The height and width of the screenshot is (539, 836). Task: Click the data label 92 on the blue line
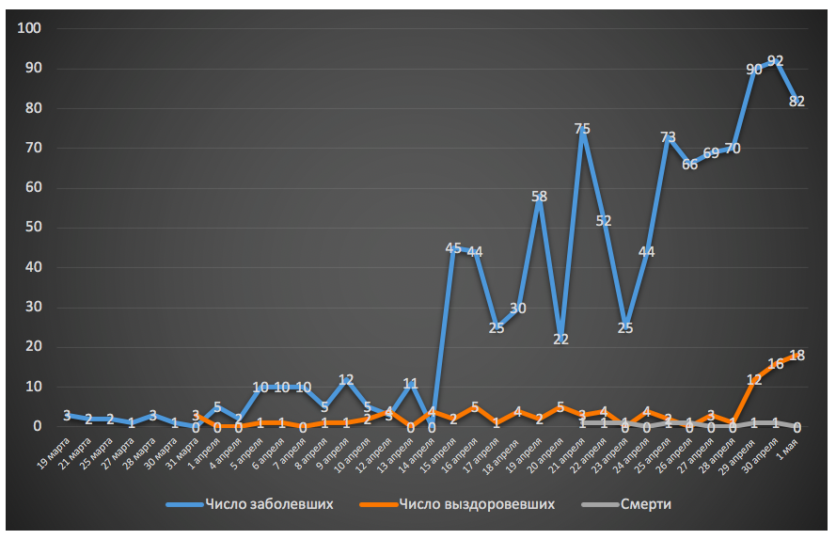coord(775,61)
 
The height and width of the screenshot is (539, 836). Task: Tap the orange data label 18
coord(797,356)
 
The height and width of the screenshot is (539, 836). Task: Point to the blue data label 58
coord(539,197)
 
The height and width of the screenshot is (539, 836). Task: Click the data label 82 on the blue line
coord(797,102)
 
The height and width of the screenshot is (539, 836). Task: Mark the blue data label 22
coord(560,340)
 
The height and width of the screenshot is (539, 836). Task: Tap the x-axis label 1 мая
coord(787,446)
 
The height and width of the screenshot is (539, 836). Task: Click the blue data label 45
coord(453,248)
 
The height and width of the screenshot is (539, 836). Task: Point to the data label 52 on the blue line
coord(604,221)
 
